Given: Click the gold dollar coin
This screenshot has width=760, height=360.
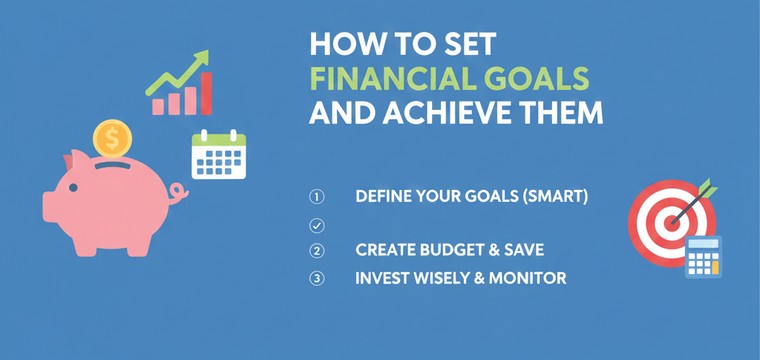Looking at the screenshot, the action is coord(113,140).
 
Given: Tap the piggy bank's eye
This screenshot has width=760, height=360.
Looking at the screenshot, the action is coord(73,188).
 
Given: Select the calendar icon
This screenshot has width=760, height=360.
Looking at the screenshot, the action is coord(219,154).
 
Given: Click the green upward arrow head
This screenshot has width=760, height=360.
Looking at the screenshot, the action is coord(202,58).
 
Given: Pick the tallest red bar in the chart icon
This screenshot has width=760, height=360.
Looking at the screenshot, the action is coord(206,94).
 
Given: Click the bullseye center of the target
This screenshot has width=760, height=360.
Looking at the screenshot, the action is coord(672,223).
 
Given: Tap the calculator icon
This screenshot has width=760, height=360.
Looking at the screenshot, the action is coord(704,257).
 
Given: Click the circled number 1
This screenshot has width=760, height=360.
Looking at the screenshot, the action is coord(316,197).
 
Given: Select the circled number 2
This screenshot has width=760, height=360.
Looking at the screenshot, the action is coord(316,250).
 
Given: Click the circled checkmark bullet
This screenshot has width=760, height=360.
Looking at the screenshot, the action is coord(316,226).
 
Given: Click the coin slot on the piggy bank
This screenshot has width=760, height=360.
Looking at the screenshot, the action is coord(113,166).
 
